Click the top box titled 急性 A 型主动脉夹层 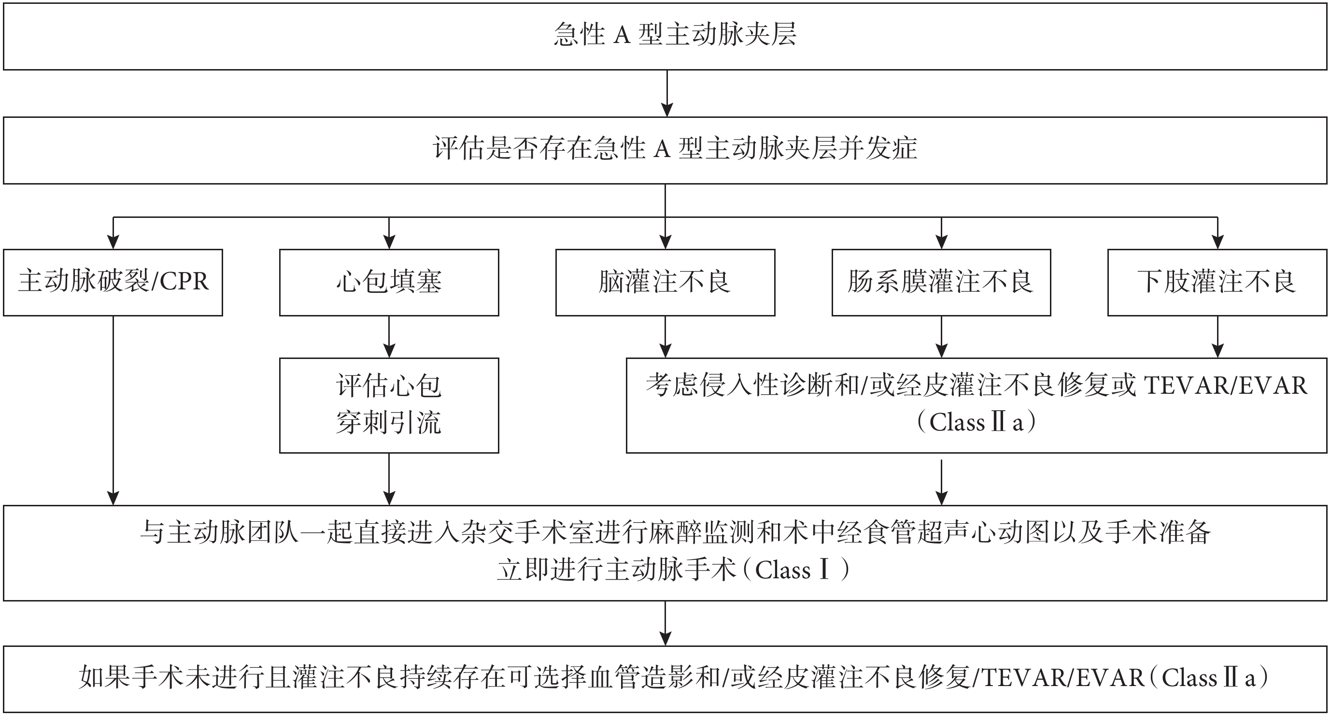[x=665, y=36]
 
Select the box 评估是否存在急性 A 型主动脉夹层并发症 [x=665, y=150]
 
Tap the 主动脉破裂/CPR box [x=113, y=282]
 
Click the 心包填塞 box [x=389, y=282]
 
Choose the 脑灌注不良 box [x=665, y=282]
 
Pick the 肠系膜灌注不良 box [x=941, y=282]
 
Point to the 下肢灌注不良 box [x=1218, y=282]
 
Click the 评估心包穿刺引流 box [x=389, y=405]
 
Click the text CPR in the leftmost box [x=184, y=282]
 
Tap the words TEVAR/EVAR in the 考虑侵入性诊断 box [x=1225, y=386]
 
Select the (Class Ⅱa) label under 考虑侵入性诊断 [x=976, y=422]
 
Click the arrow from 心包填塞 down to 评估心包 [x=389, y=337]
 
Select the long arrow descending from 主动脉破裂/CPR [x=113, y=411]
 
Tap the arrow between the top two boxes [x=667, y=94]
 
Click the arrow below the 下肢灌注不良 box [x=1218, y=337]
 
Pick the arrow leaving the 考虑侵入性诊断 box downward [x=941, y=482]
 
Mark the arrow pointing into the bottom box [x=665, y=623]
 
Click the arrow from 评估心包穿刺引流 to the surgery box [x=389, y=479]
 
